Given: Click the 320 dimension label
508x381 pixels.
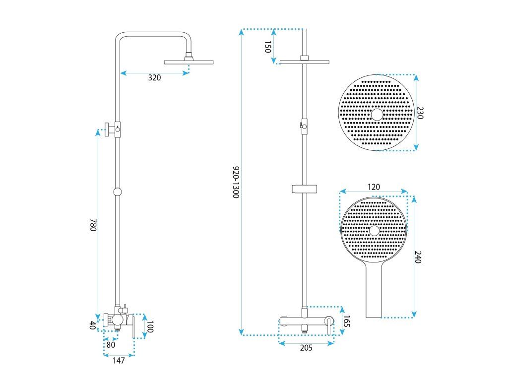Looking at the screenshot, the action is click(155, 78).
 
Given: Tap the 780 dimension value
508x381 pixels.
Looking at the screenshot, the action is click(93, 225).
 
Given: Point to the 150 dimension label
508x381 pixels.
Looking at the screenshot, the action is click(267, 47).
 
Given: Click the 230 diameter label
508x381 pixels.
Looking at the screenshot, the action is click(420, 113).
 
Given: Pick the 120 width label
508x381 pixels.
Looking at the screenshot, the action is click(374, 187).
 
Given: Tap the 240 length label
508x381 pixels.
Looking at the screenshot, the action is click(418, 257).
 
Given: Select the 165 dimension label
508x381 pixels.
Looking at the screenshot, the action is click(347, 321).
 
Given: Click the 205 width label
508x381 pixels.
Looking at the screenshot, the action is click(306, 348).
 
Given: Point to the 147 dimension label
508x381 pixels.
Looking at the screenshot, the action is click(119, 360).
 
